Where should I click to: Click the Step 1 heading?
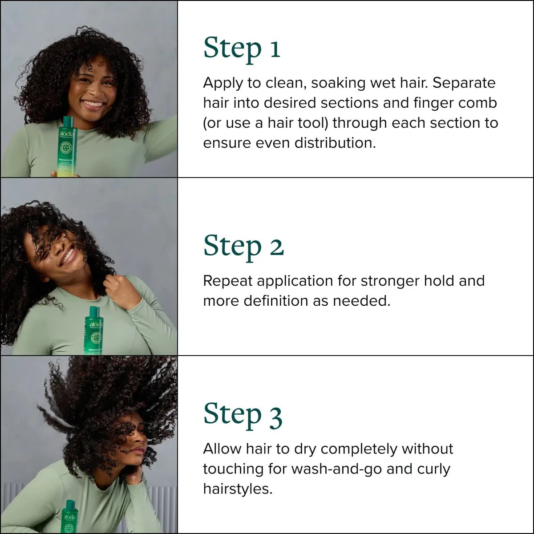[242, 49]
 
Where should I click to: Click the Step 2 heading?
[243, 247]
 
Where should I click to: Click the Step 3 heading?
[243, 415]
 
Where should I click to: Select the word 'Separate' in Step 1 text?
[464, 83]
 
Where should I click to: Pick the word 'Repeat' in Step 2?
[228, 281]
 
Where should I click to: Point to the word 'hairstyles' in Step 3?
[237, 489]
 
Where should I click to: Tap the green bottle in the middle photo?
[94, 331]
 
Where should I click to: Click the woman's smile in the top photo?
[93, 105]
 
